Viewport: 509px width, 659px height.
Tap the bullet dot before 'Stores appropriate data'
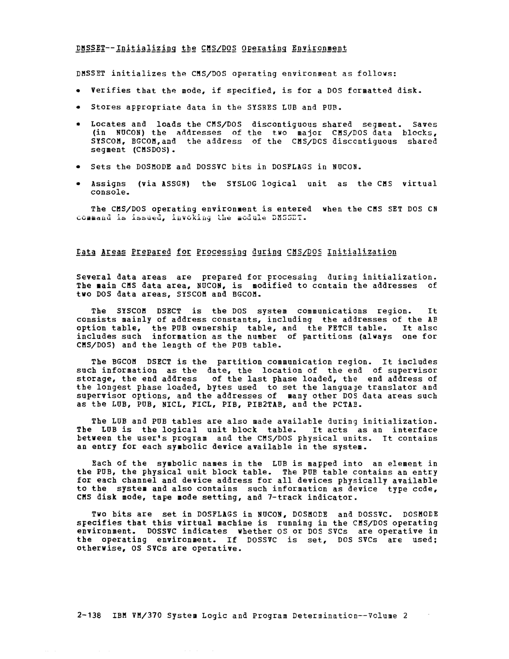pos(78,107)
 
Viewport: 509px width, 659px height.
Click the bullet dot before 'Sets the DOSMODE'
pos(78,167)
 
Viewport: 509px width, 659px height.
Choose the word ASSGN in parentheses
pos(163,184)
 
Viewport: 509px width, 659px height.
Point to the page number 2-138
pos(89,616)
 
